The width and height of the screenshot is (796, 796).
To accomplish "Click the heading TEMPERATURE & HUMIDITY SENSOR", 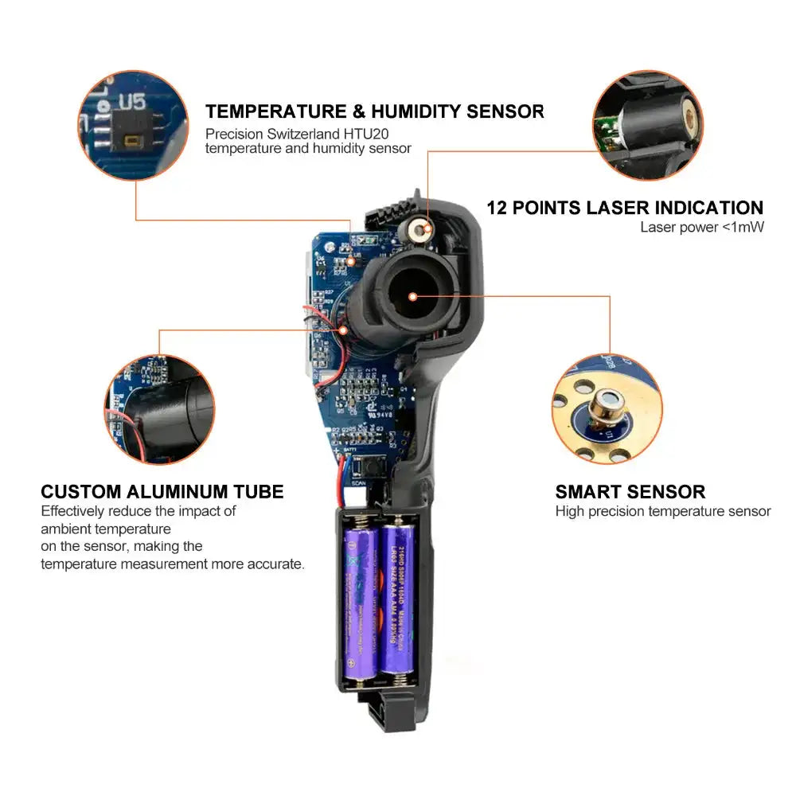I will (x=374, y=111).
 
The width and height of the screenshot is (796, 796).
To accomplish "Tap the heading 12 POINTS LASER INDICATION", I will (x=625, y=208).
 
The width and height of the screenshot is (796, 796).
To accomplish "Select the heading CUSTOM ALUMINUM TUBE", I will (x=162, y=491).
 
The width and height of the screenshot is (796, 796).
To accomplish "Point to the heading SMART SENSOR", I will (x=630, y=491).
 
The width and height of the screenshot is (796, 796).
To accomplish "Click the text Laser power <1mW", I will (x=701, y=228).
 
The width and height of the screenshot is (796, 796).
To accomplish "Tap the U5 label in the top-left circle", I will (x=132, y=103).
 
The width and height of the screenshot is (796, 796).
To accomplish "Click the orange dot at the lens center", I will (x=412, y=296).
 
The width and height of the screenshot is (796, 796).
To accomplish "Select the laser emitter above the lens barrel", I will (x=419, y=231).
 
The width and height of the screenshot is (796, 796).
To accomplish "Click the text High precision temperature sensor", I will (x=662, y=512).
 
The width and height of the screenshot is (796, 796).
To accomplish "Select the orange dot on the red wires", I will (x=344, y=329).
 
